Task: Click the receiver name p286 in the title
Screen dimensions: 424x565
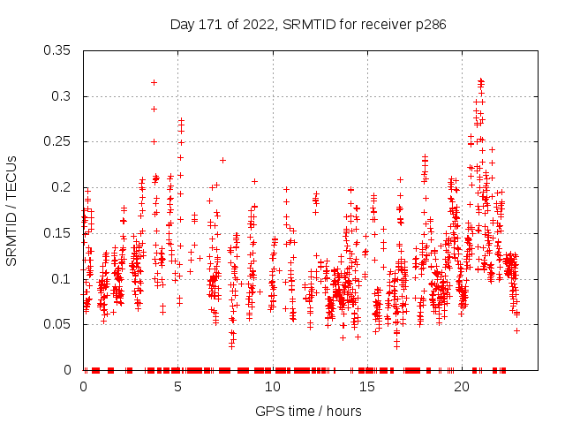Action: tap(427, 26)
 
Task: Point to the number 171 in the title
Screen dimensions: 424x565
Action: tap(207, 26)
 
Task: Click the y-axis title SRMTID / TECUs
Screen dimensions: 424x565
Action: tap(11, 210)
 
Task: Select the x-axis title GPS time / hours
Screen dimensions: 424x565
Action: tap(308, 411)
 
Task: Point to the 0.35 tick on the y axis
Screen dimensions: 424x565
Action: tap(58, 50)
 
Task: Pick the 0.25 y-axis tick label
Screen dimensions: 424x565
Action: tap(58, 141)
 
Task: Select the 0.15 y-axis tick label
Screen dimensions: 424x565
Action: tap(58, 233)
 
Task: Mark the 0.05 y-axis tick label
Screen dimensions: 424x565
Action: tap(58, 324)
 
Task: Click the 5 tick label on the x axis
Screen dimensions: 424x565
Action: tap(178, 387)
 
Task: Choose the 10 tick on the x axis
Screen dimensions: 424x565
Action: tap(272, 387)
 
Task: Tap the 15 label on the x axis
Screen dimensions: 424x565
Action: tap(366, 387)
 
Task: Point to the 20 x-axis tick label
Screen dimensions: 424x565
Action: tap(461, 387)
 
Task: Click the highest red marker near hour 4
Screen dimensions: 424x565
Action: tap(154, 82)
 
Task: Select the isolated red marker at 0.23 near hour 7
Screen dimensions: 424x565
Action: tap(222, 160)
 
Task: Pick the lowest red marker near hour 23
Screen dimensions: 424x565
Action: tap(516, 330)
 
